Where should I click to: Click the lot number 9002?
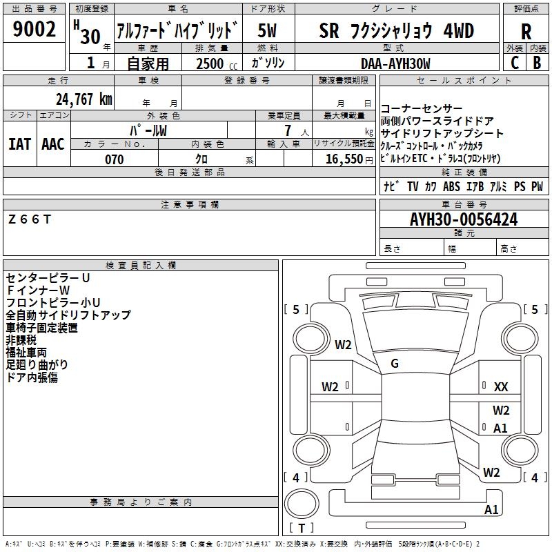point(34,29)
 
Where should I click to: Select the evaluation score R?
point(526,31)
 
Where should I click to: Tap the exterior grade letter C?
point(514,62)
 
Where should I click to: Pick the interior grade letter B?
point(537,62)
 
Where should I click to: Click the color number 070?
point(114,159)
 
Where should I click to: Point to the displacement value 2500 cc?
point(209,63)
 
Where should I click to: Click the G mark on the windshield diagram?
point(395,363)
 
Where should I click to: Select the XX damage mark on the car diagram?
point(501,387)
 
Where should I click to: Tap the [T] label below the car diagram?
point(302,528)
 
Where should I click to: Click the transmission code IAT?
point(19,144)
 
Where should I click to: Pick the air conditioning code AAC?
point(53,144)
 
